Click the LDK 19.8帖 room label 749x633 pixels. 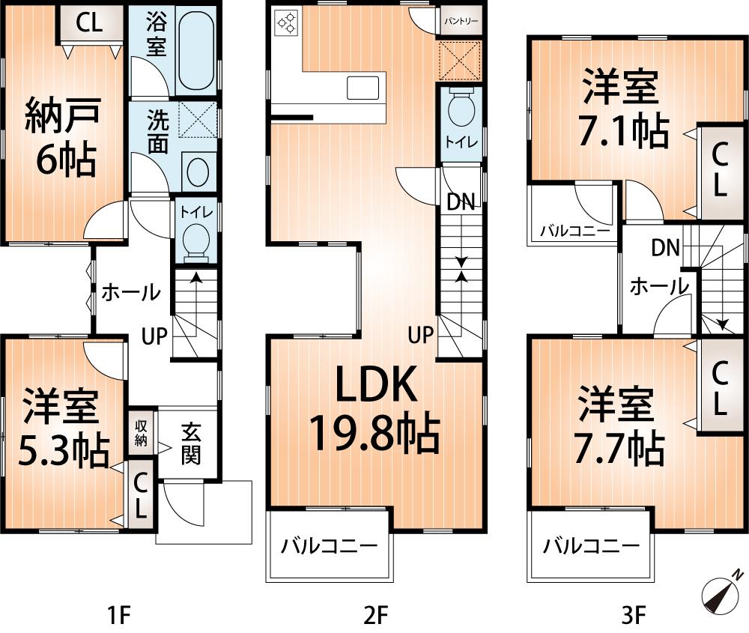[x=374, y=410]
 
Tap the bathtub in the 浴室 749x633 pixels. [x=197, y=51]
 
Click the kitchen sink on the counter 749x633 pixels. [x=364, y=87]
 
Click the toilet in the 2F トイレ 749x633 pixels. [x=458, y=112]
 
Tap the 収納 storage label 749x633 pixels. [x=140, y=432]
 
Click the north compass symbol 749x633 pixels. [x=722, y=594]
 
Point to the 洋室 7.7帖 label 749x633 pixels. [x=618, y=426]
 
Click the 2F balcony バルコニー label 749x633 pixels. [x=329, y=546]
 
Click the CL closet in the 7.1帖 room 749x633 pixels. [x=718, y=169]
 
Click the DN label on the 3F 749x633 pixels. [x=664, y=247]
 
